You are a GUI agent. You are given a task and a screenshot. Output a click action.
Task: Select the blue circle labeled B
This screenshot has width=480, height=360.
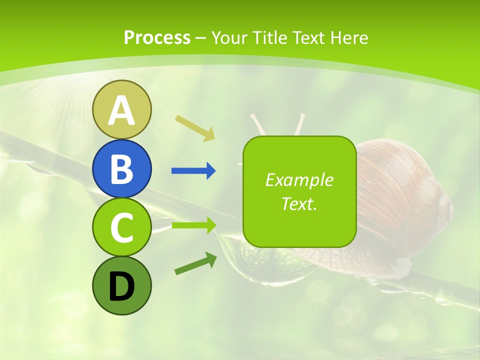[x=121, y=168]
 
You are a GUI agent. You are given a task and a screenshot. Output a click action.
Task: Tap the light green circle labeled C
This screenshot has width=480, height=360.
[x=121, y=227]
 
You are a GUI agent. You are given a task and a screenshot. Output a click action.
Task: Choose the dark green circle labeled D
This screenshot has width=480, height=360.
[x=121, y=285]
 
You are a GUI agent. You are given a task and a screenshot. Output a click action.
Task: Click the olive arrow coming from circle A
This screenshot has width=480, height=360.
[x=195, y=127]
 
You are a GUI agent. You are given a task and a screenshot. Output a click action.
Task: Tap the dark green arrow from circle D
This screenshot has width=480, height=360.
[x=195, y=264]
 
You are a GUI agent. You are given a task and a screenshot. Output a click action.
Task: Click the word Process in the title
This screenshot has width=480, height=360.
[x=157, y=37]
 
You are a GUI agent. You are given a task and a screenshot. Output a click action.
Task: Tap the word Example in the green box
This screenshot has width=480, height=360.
[x=299, y=180]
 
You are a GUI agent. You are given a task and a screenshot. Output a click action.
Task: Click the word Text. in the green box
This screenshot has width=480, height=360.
[x=299, y=203]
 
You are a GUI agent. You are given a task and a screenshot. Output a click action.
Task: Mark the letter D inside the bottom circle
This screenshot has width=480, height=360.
[x=121, y=287]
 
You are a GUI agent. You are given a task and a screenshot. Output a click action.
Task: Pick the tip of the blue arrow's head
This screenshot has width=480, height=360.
[x=215, y=171]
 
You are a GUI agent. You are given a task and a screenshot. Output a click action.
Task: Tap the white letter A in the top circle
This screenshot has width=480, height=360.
[x=121, y=111]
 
